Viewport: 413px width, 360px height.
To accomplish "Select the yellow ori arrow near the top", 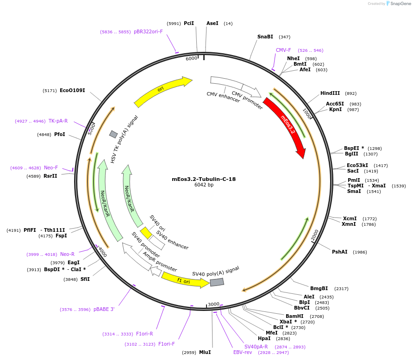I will (x=162, y=91).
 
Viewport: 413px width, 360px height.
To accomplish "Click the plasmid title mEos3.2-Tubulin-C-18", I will (x=204, y=179).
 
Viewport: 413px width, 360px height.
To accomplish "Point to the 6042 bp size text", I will (x=204, y=185).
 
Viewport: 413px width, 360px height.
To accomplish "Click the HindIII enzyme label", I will (x=330, y=93).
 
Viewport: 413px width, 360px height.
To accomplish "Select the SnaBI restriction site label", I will (x=265, y=37).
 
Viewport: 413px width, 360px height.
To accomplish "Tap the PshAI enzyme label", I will (x=339, y=252).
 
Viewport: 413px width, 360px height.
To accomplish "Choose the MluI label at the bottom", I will (x=205, y=352).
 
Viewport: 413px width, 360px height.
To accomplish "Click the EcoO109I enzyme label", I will (x=72, y=90).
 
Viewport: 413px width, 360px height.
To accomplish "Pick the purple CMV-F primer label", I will (x=283, y=50).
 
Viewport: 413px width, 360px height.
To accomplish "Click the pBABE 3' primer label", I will (x=104, y=309).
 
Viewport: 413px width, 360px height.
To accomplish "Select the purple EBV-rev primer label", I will (x=243, y=352).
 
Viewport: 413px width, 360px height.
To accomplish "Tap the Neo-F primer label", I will (x=51, y=168).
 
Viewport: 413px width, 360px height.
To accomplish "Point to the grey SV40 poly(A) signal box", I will (x=217, y=282).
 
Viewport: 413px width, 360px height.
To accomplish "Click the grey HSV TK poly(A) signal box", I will (x=113, y=134).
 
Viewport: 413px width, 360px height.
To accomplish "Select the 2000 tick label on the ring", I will (x=315, y=236).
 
